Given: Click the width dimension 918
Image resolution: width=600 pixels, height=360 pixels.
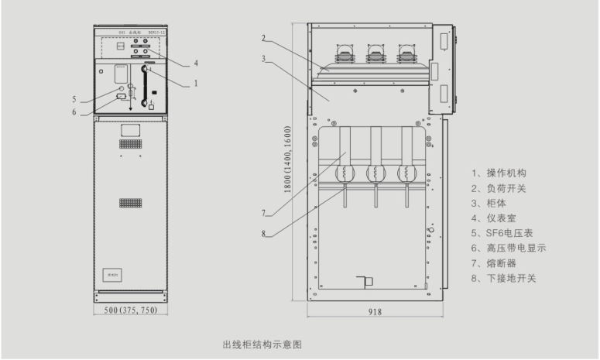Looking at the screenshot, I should [x=375, y=312].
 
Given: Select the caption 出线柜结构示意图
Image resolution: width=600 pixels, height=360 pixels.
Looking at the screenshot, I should [x=266, y=342].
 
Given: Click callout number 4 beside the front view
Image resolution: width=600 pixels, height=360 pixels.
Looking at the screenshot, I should [x=196, y=63].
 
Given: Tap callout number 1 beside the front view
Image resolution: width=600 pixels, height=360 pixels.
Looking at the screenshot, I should [x=196, y=82].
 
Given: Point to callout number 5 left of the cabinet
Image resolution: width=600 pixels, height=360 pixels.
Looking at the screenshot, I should [x=75, y=99].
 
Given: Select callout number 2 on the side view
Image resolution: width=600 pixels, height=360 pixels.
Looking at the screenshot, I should [x=263, y=38].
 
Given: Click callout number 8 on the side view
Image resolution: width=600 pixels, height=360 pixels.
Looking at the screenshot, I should [x=263, y=234].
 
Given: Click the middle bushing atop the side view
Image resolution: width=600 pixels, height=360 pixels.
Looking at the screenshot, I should [x=375, y=53].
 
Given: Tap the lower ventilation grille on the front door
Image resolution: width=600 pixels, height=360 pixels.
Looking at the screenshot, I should [x=129, y=202].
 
